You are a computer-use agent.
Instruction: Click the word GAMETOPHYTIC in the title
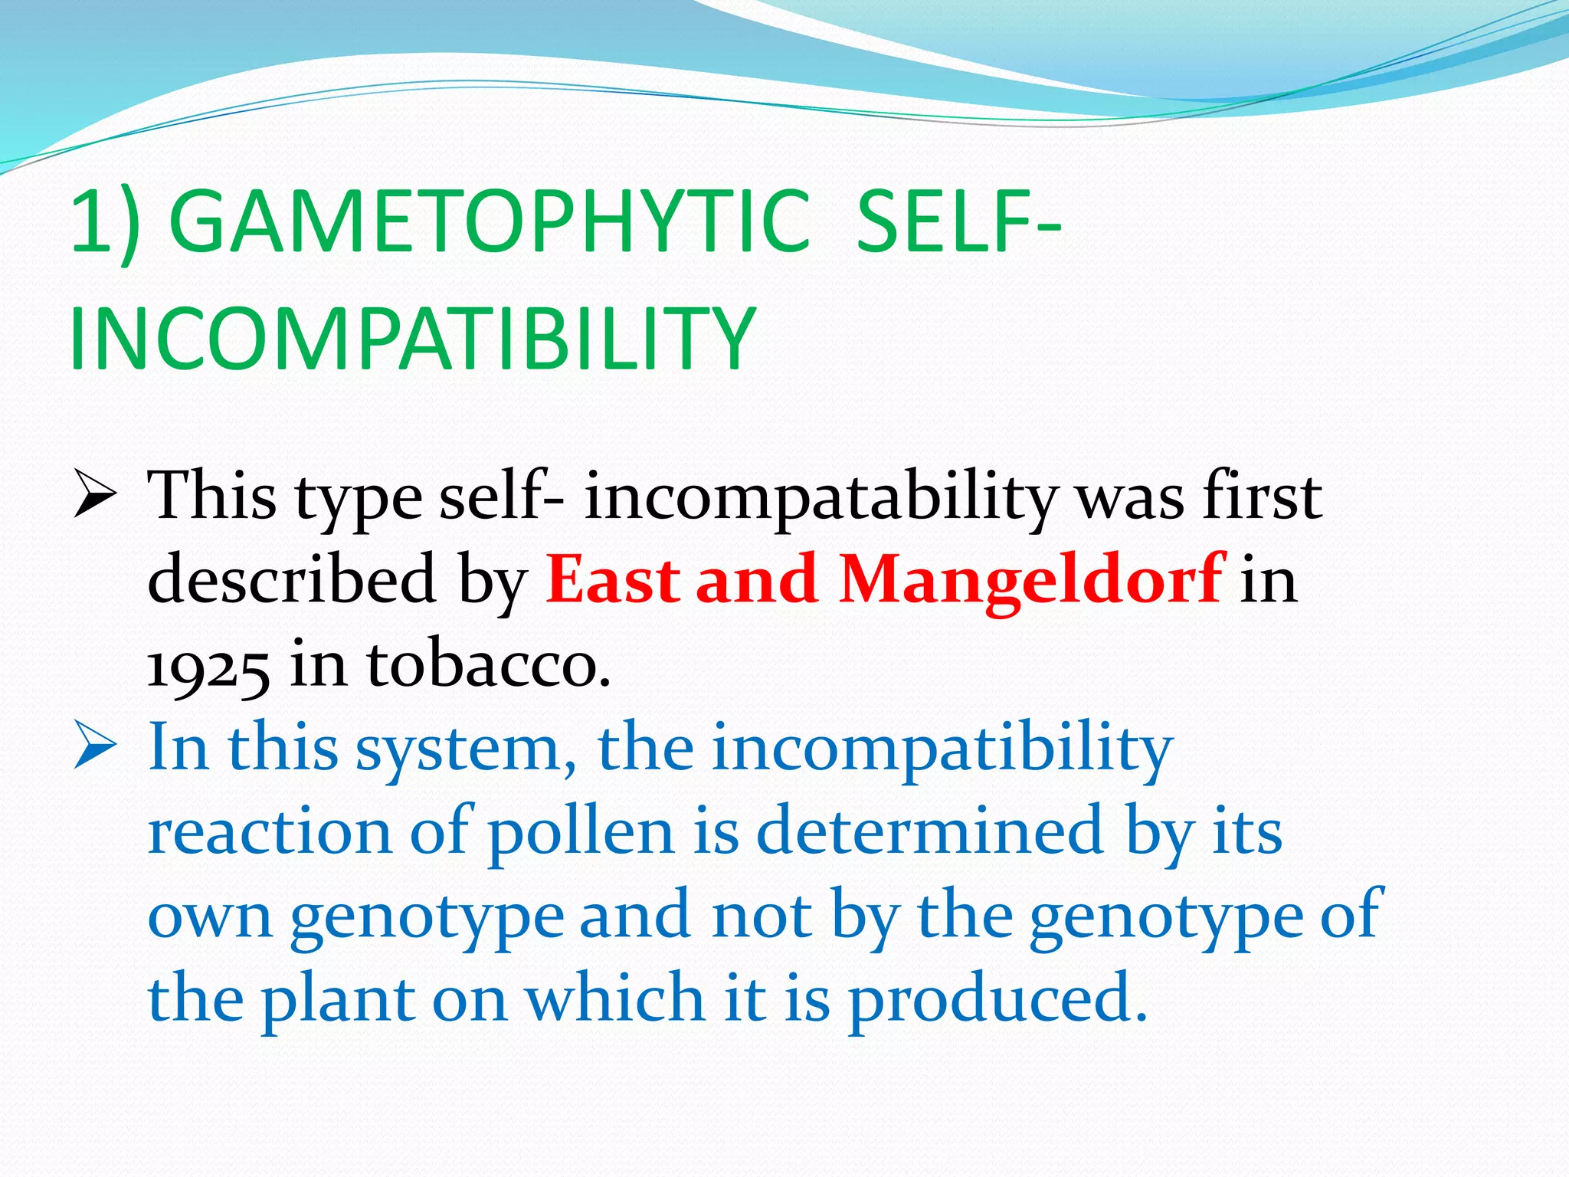tap(489, 222)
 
